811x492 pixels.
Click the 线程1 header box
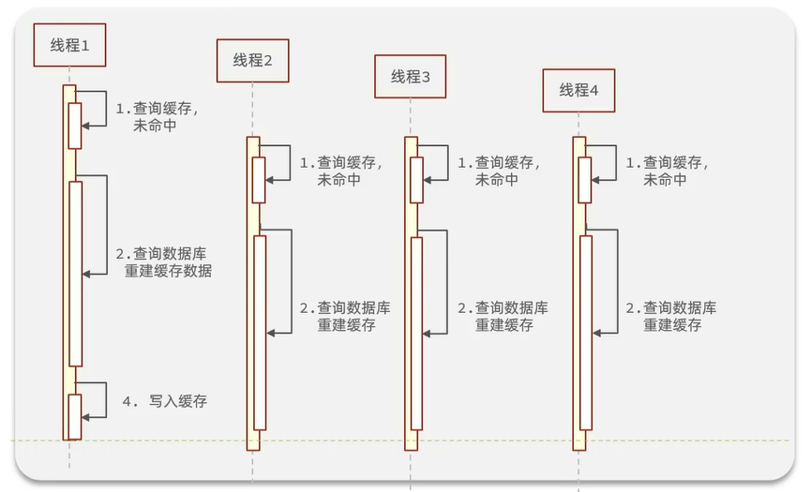click(68, 45)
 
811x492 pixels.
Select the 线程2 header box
click(252, 61)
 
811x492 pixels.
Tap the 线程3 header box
click(410, 77)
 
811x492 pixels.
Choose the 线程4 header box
click(578, 91)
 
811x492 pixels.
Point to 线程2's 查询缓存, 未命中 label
click(339, 171)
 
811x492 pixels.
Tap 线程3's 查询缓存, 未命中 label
click(497, 171)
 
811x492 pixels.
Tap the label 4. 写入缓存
click(165, 401)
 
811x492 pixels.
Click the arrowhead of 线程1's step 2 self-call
click(87, 274)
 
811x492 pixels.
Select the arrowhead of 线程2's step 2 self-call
click(271, 332)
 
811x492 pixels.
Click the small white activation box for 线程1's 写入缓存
click(75, 415)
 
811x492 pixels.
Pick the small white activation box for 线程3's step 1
click(416, 180)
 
